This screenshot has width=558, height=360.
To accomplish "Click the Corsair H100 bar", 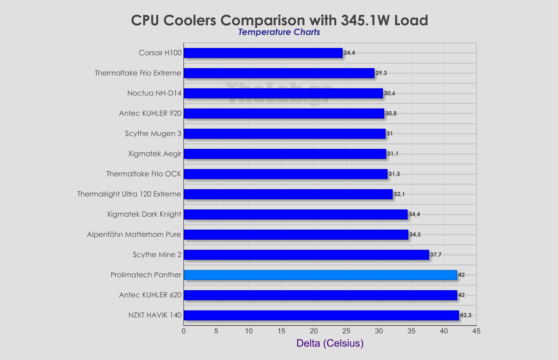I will click(263, 53).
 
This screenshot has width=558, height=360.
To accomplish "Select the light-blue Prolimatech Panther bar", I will click(320, 275).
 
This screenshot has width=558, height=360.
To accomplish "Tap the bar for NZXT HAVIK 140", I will click(321, 315).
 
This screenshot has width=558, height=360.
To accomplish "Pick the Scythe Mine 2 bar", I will click(306, 255).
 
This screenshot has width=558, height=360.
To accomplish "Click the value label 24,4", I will click(349, 53).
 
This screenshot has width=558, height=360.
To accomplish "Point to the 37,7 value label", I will click(436, 255).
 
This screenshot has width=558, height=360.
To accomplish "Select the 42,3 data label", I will click(466, 315).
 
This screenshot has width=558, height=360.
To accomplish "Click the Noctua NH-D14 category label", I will click(154, 93).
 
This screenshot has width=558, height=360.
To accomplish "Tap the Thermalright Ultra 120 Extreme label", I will click(129, 194).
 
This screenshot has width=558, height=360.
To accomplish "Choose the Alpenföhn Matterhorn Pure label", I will click(134, 234).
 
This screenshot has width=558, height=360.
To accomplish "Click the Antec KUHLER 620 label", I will click(150, 295).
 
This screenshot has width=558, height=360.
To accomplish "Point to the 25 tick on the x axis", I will click(346, 331).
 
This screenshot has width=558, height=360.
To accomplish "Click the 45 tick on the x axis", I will click(476, 331).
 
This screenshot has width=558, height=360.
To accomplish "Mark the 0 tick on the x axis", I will click(184, 331).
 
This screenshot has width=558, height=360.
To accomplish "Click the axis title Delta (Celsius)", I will click(330, 343).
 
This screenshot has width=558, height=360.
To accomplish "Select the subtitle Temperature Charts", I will click(279, 32).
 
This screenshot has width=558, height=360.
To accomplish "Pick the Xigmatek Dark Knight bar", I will click(295, 214).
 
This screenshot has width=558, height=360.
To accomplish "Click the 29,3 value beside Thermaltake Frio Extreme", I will click(381, 73).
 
